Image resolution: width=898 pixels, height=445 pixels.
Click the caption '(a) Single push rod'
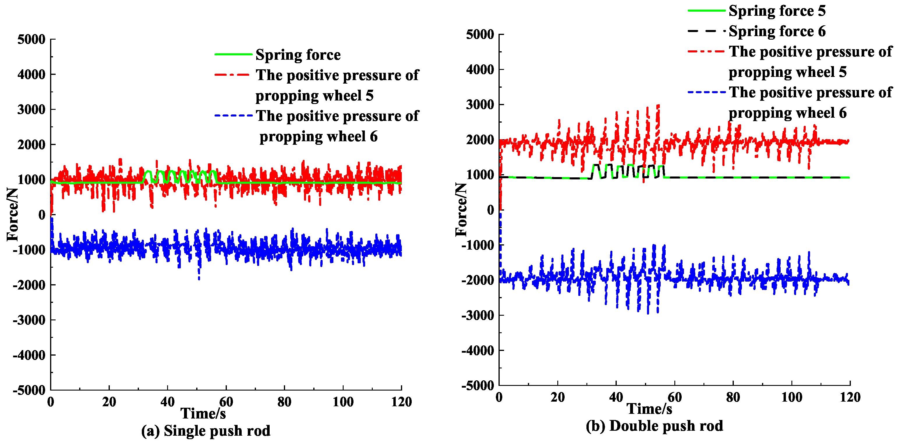206,431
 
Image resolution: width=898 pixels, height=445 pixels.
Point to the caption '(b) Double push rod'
654,426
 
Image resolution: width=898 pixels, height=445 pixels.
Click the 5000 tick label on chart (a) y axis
31,39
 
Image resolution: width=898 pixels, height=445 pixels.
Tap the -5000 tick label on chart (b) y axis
478,386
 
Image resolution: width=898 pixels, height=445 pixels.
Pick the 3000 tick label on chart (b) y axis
480,105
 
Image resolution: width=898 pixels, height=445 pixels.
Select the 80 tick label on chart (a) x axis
284,402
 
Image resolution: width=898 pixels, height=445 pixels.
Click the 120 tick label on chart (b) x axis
850,397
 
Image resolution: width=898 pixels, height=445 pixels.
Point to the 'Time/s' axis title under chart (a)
203,414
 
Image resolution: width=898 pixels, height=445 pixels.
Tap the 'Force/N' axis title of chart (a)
13,214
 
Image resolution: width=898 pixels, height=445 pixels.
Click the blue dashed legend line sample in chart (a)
233,115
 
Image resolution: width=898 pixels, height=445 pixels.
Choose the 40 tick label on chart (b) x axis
616,397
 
